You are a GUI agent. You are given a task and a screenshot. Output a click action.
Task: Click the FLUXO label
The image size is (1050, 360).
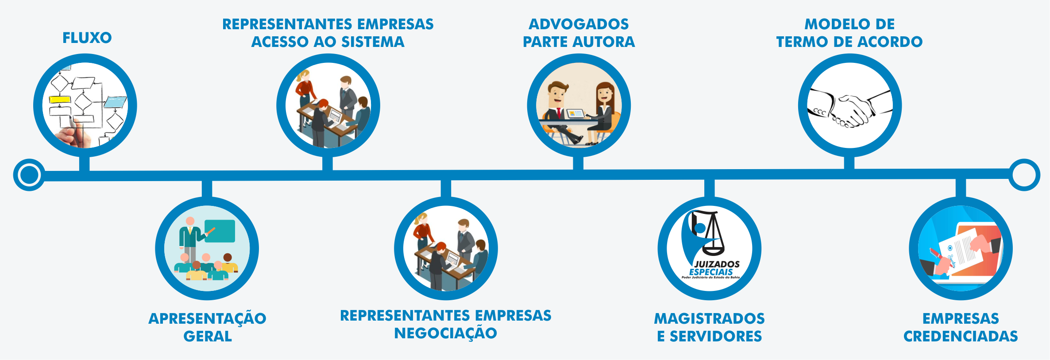pos(87,38)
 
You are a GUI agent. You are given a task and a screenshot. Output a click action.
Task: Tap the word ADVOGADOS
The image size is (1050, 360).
pos(579,24)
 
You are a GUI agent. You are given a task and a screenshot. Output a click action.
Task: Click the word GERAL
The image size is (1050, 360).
pos(208,337)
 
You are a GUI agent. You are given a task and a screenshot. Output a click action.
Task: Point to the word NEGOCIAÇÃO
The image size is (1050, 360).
pos(445,333)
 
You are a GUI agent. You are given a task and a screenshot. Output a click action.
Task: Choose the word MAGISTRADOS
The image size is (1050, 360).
pos(709,319)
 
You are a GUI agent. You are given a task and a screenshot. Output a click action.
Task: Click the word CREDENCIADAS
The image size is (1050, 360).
pos(961,337)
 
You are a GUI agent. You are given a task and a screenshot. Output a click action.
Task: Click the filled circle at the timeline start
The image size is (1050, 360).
pos(29,175)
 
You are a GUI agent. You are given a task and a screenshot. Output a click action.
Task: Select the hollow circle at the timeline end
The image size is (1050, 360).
pos(1024,175)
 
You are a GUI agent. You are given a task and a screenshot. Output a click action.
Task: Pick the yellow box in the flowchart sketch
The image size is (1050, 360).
pos(60,100)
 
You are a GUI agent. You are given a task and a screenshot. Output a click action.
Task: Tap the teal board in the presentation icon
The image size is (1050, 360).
pos(220,231)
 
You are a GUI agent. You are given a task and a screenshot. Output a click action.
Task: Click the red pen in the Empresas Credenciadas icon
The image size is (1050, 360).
pos(936,255)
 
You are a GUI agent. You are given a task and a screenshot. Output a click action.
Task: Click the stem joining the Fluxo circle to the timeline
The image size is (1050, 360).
pos(84,163)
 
